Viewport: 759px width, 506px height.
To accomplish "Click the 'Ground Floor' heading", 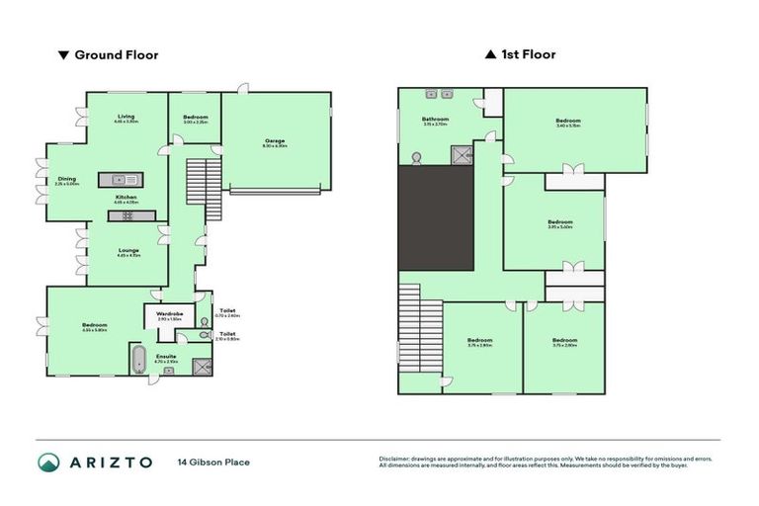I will [x=115, y=55].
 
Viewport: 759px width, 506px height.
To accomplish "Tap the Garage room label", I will [x=275, y=142].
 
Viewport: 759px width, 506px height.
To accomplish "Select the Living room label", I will [x=126, y=119].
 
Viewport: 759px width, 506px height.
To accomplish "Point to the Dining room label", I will [x=66, y=181].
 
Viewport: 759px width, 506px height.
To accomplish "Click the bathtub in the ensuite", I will [x=138, y=358].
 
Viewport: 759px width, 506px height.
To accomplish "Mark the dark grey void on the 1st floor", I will [x=436, y=216].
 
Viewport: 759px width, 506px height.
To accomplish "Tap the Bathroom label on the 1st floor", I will [x=435, y=122].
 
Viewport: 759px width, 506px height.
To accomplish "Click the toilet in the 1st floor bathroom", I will [x=416, y=155].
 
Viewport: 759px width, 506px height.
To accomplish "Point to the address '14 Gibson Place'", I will [x=213, y=463].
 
